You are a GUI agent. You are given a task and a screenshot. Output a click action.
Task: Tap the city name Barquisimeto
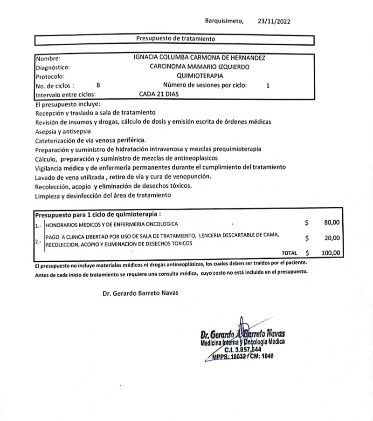pos(224,21)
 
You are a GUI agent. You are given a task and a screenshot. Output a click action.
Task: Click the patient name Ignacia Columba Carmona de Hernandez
pos(200,58)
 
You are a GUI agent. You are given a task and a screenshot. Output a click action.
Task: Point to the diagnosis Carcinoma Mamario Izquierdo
pos(200,67)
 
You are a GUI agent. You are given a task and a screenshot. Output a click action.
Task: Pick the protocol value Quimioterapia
pos(200,75)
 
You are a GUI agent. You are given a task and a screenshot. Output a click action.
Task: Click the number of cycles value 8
pos(98,85)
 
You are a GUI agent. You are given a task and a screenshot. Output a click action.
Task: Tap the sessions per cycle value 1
pos(268,85)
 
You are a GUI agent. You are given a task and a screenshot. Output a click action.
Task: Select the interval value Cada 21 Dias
pos(159,94)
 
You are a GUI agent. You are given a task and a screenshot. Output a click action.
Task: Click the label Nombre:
pos(48,59)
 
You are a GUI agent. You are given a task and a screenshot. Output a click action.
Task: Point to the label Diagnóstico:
pos(53,67)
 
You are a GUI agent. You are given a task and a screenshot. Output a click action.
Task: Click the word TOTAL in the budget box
pos(289,253)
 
